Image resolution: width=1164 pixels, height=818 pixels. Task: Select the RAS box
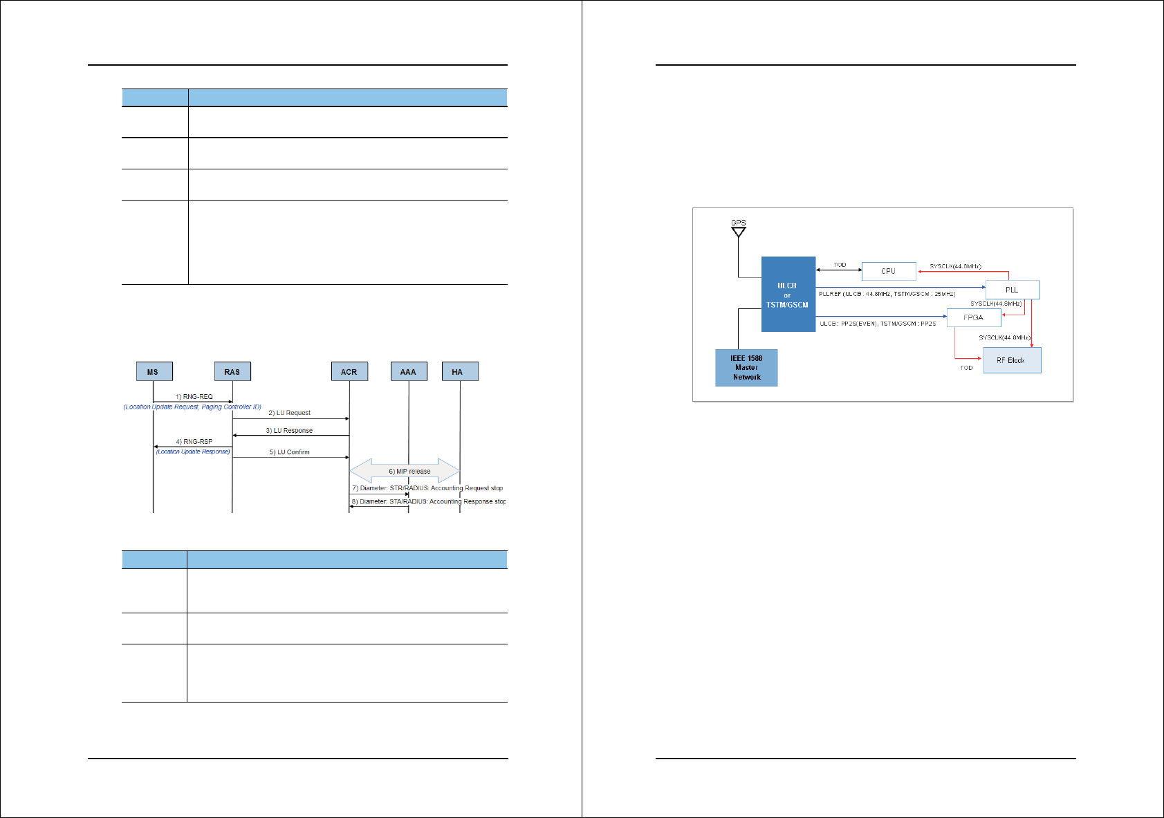click(232, 371)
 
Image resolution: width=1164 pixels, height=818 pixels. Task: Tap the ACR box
click(349, 371)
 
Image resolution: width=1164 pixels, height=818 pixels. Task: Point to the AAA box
click(409, 371)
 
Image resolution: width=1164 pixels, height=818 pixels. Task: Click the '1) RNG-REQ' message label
click(194, 397)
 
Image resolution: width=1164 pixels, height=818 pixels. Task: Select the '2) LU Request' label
click(290, 413)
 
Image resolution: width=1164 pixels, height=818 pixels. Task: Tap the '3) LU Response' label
click(289, 431)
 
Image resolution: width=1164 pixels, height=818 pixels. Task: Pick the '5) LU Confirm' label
click(290, 452)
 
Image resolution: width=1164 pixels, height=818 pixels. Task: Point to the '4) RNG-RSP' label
click(194, 441)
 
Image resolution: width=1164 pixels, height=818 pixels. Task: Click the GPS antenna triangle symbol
click(739, 232)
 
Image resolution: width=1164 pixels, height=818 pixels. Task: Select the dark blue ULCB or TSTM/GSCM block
click(788, 295)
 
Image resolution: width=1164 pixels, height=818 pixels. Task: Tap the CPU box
click(889, 271)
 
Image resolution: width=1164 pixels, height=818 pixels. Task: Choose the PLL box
click(1012, 290)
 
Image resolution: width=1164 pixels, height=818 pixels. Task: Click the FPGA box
click(973, 317)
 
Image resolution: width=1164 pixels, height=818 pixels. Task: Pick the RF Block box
click(1011, 360)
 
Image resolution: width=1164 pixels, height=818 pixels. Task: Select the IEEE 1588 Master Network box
click(746, 368)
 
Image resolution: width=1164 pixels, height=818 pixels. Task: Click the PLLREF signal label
click(887, 295)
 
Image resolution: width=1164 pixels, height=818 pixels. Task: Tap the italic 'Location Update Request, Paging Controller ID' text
click(192, 407)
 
